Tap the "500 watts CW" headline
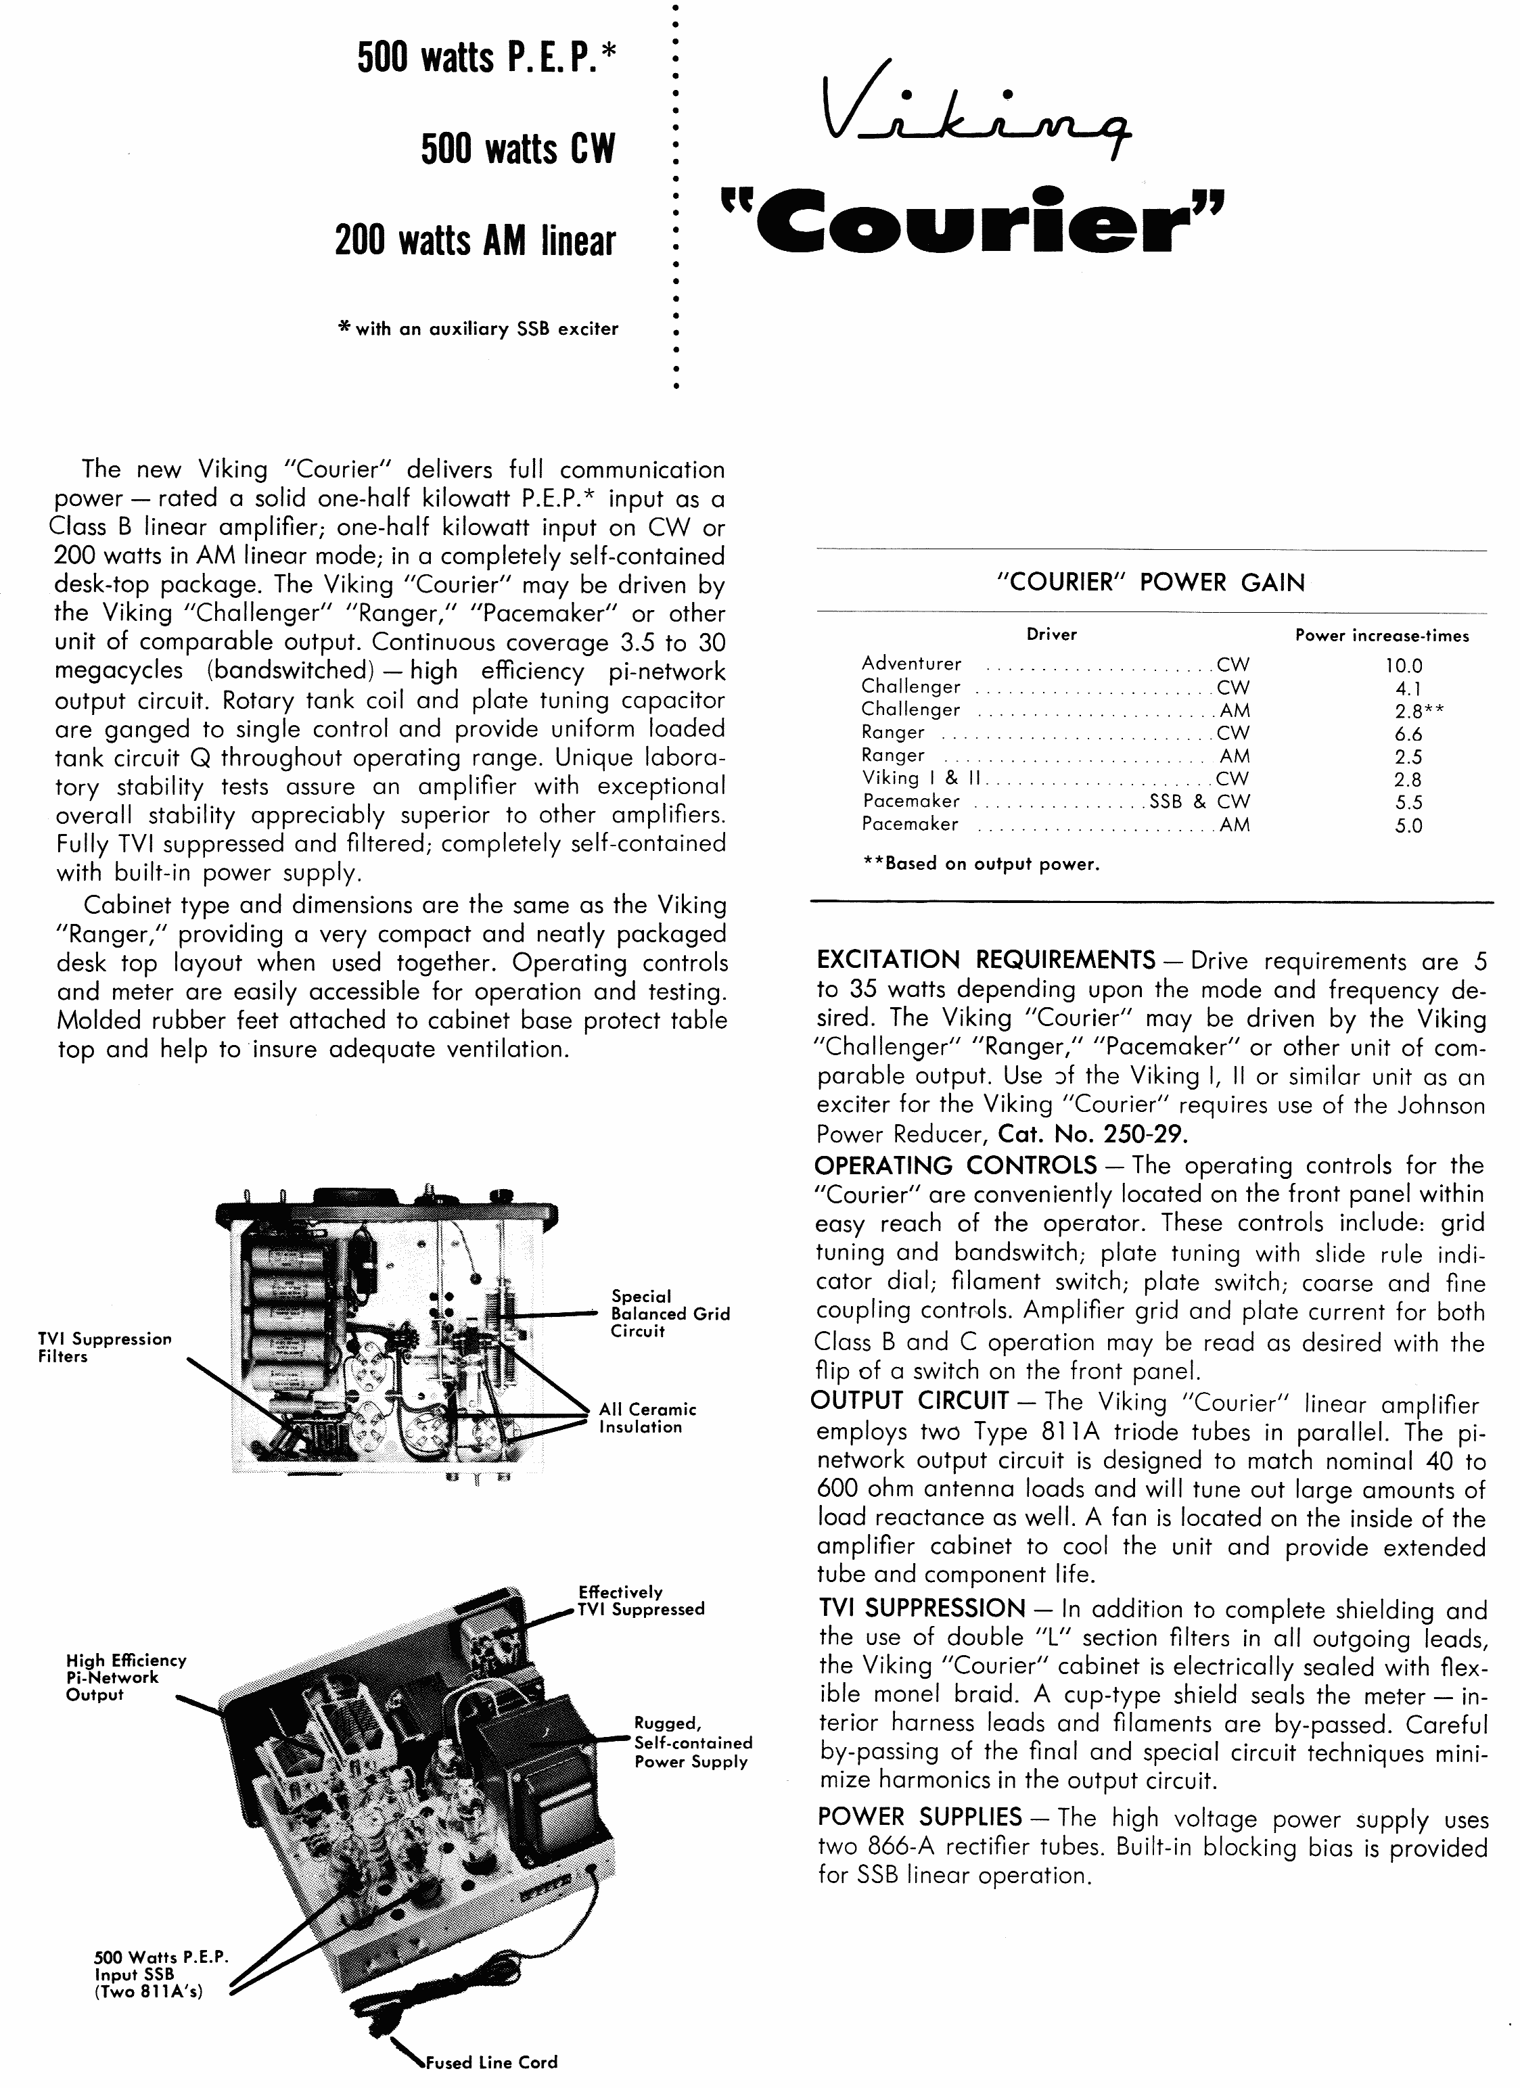(517, 149)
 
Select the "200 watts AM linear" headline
(475, 241)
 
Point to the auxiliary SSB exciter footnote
(479, 329)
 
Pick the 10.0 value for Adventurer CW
(1404, 665)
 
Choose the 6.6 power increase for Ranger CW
(1408, 734)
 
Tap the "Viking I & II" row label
(921, 778)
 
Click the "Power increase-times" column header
(1381, 635)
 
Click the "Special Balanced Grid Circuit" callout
(669, 1313)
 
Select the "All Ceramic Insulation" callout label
(647, 1418)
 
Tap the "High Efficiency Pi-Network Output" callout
(126, 1677)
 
